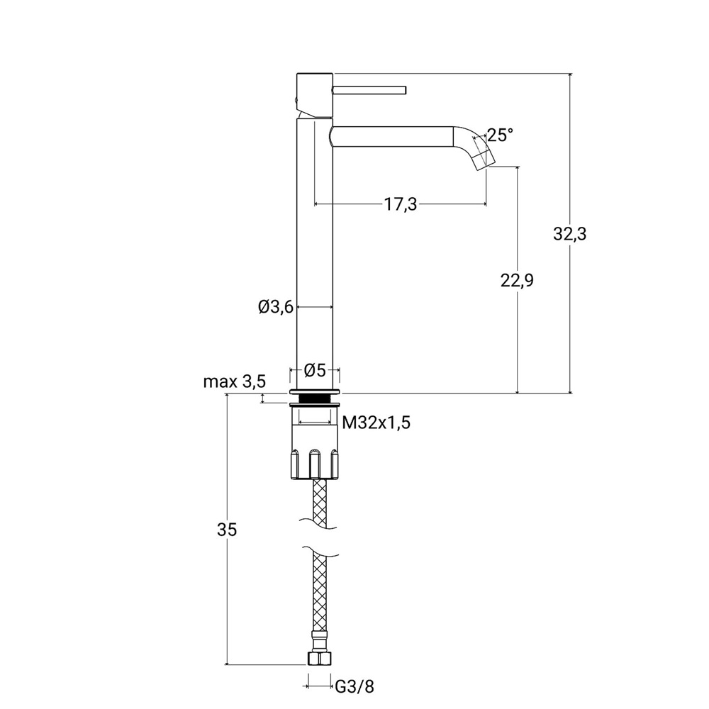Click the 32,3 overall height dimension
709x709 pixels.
569,234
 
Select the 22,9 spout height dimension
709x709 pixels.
517,280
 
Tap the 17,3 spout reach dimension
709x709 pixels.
401,204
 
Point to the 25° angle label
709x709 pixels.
501,135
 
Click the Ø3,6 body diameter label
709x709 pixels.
276,307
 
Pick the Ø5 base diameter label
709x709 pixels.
315,370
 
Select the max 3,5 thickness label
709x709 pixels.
234,381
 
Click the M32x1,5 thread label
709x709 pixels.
376,423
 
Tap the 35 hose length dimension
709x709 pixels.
227,529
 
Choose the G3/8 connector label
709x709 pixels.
355,687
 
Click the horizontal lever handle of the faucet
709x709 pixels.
369,90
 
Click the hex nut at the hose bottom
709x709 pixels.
319,658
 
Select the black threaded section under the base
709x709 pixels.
315,398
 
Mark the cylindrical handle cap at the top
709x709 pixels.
315,94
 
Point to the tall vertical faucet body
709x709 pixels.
315,254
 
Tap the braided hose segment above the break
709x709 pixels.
319,503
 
